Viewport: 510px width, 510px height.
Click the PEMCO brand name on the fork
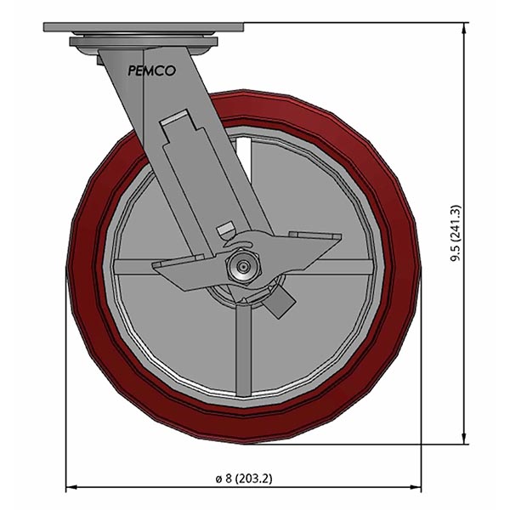(152, 71)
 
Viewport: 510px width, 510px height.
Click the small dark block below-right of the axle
(280, 301)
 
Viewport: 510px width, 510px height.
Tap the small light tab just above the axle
(225, 230)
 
